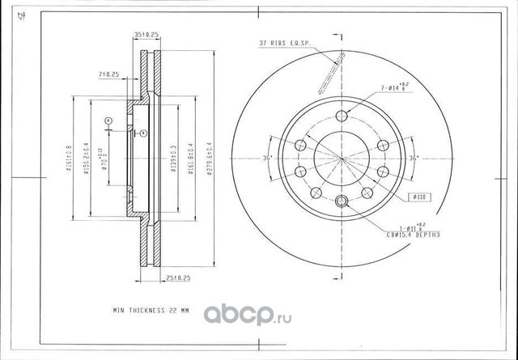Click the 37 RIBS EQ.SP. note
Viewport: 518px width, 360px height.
[284, 43]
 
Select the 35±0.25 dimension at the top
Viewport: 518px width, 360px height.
[146, 35]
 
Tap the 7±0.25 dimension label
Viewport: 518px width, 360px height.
[108, 74]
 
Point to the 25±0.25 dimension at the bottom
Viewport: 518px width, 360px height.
[176, 279]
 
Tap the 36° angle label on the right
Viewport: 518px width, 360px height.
[414, 158]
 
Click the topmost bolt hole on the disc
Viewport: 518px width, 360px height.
[341, 115]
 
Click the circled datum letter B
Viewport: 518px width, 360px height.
[142, 132]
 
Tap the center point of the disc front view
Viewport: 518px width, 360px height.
[341, 159]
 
